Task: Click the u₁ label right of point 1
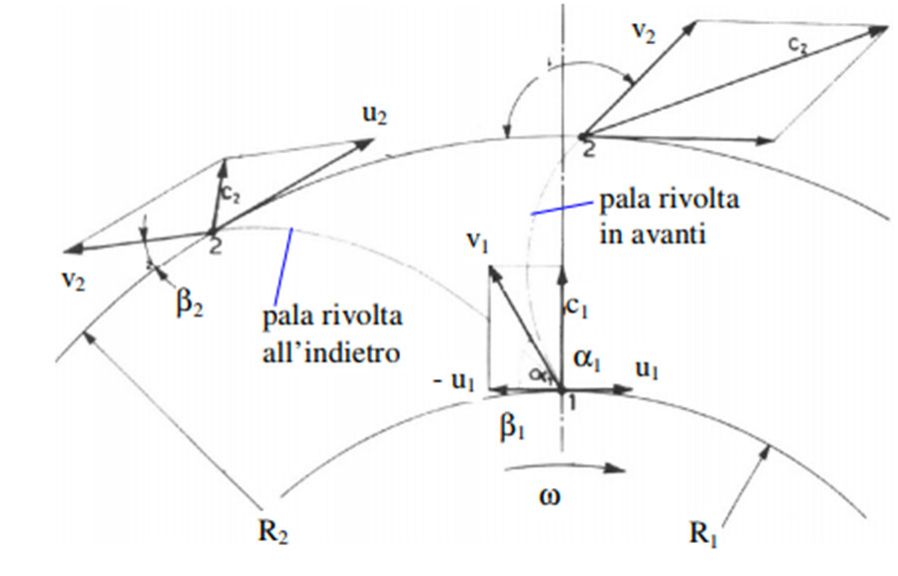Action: click(x=648, y=369)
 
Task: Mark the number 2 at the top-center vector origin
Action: click(x=589, y=148)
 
